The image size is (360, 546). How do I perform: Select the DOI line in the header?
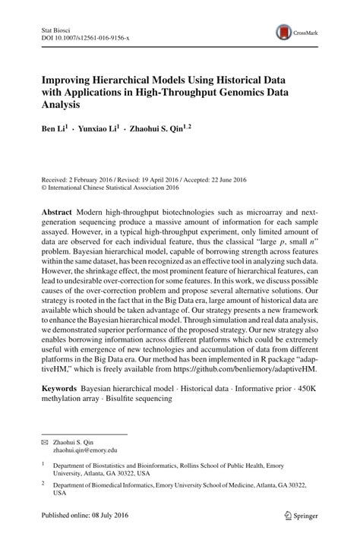(x=85, y=37)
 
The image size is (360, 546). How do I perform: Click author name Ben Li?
(x=54, y=130)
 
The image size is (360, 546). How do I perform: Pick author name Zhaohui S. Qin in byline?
(x=166, y=130)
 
